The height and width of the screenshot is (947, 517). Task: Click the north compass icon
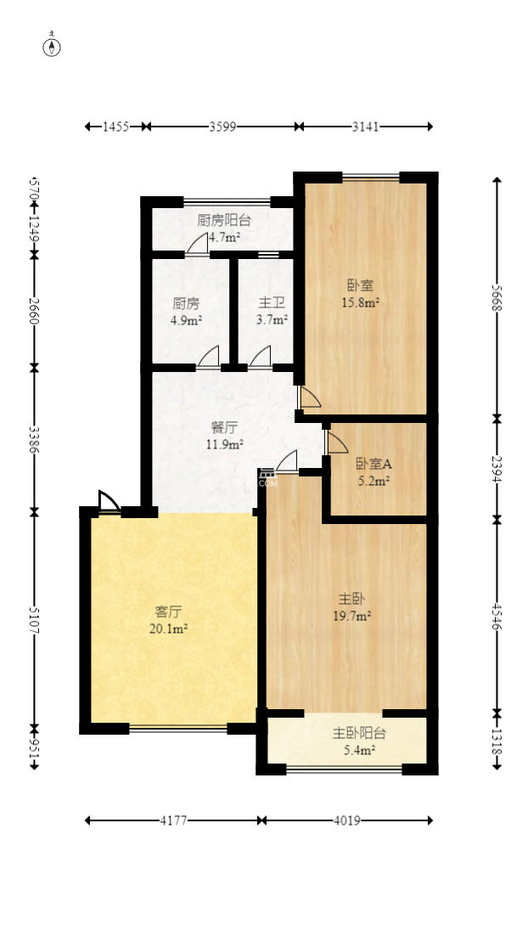[x=53, y=46]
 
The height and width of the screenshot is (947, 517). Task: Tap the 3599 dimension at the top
[x=222, y=127]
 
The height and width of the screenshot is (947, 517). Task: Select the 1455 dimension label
[x=115, y=127]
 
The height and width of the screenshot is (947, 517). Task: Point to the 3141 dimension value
[x=365, y=127]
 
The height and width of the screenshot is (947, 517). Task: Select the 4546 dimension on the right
[x=497, y=614]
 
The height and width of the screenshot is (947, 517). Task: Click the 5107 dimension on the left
[x=35, y=619]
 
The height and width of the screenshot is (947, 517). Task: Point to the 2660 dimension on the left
[x=35, y=310]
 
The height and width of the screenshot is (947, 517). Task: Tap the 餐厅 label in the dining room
[x=224, y=427]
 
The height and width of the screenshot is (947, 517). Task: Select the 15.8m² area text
[x=360, y=302]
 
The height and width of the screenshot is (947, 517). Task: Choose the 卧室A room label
[x=373, y=464]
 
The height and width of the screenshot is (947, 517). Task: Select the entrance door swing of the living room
[x=109, y=502]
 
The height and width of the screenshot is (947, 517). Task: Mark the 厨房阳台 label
[x=224, y=221]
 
